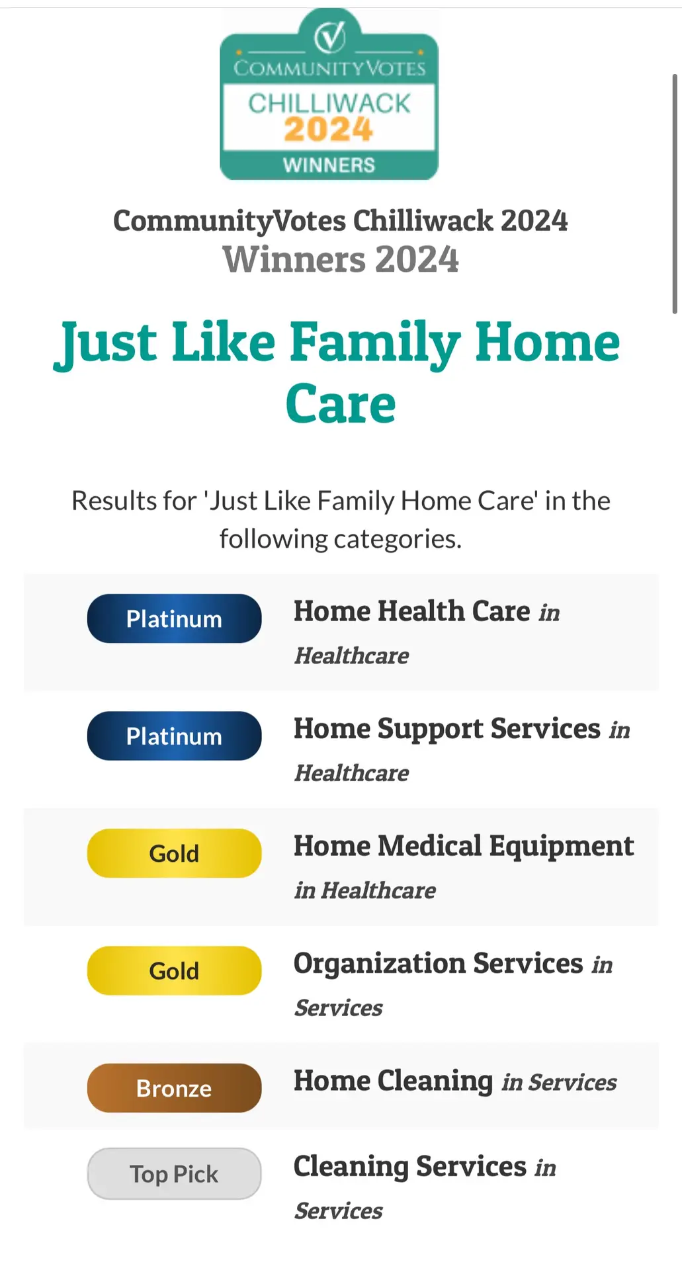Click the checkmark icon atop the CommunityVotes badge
coord(329,36)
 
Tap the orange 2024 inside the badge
coord(329,130)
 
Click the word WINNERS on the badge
coord(329,165)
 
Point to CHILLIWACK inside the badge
coord(329,103)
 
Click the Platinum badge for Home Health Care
coord(174,618)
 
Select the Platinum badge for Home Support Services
coord(174,736)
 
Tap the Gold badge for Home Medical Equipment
coord(174,853)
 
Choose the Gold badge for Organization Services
coord(174,970)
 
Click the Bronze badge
coord(174,1088)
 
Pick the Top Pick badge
coord(174,1173)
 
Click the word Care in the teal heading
coord(341,404)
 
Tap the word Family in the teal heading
coord(375,344)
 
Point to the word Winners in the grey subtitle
coord(294,259)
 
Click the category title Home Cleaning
coord(394,1081)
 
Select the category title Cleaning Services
coord(410,1167)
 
